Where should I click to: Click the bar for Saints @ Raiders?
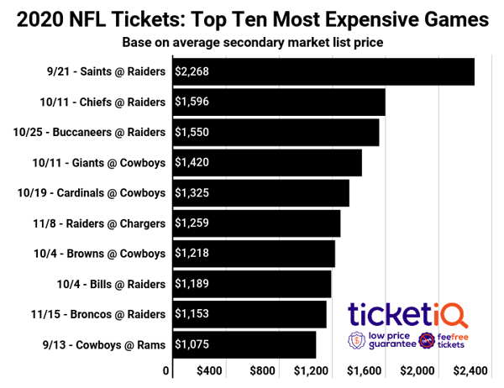pos(323,71)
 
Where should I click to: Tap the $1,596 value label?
pos(192,102)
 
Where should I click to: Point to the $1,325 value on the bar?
pos(192,193)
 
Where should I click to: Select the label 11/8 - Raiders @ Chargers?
pos(92,223)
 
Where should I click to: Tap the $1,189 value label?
pos(192,284)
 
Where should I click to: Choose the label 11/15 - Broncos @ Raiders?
pos(92,314)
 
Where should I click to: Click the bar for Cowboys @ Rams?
pos(244,344)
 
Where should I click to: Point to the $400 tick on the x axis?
pos(210,371)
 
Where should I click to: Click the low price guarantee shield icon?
pos(356,341)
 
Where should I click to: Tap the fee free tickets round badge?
pos(428,341)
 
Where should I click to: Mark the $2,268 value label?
pos(192,71)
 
